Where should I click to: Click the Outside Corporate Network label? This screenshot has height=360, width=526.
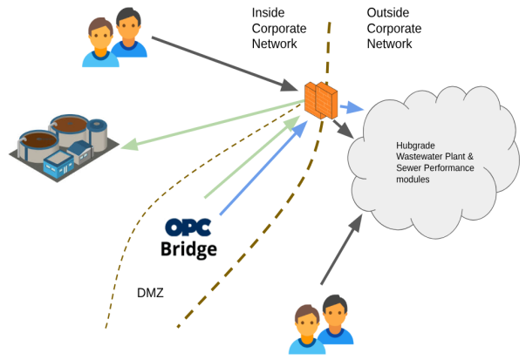tap(395, 27)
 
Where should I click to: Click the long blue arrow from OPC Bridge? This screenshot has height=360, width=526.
tap(262, 167)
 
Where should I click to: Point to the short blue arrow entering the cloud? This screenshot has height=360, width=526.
tap(351, 107)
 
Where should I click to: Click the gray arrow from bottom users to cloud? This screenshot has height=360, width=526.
tap(340, 253)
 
